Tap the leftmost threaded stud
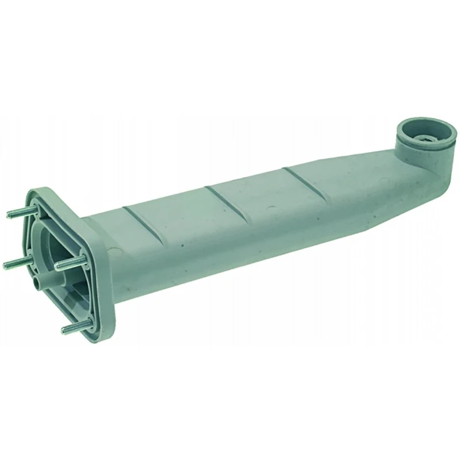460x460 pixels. (17, 262)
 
